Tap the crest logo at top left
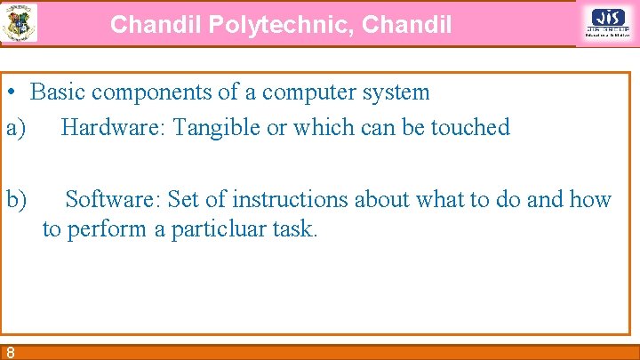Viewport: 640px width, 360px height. point(20,23)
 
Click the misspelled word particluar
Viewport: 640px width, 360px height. point(215,229)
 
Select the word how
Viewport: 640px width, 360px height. point(590,198)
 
